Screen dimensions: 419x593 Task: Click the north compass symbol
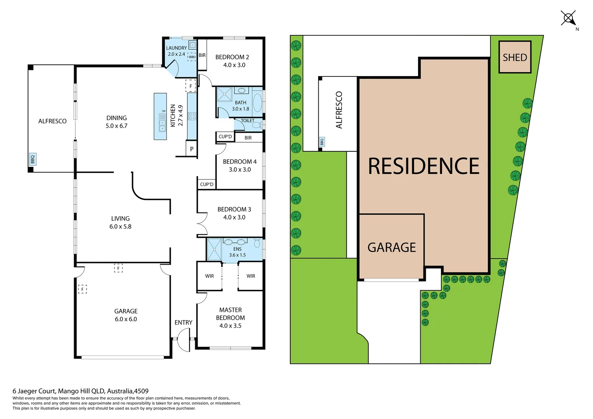tap(569, 18)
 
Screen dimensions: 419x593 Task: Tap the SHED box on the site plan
tap(515, 57)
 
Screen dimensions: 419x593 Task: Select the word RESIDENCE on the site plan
tap(423, 166)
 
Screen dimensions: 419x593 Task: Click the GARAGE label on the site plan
tap(391, 248)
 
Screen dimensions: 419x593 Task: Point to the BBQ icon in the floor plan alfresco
tap(33, 159)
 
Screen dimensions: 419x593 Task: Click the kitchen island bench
tap(160, 116)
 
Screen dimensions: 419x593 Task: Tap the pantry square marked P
tap(192, 149)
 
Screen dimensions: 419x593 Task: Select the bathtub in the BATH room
tap(258, 103)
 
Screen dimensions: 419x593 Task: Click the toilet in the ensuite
tap(257, 243)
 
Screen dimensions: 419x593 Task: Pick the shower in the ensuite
tap(214, 249)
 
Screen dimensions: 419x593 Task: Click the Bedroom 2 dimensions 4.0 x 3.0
tap(234, 65)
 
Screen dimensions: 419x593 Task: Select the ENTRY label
tap(183, 322)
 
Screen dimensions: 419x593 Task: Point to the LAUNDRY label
tap(176, 48)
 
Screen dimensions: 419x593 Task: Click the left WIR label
tap(210, 276)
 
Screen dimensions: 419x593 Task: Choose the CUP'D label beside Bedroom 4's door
tap(225, 137)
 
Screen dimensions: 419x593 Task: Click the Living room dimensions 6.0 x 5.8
tap(120, 227)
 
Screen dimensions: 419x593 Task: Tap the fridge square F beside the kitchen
tap(191, 86)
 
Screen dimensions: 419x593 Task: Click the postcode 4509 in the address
tap(141, 391)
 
